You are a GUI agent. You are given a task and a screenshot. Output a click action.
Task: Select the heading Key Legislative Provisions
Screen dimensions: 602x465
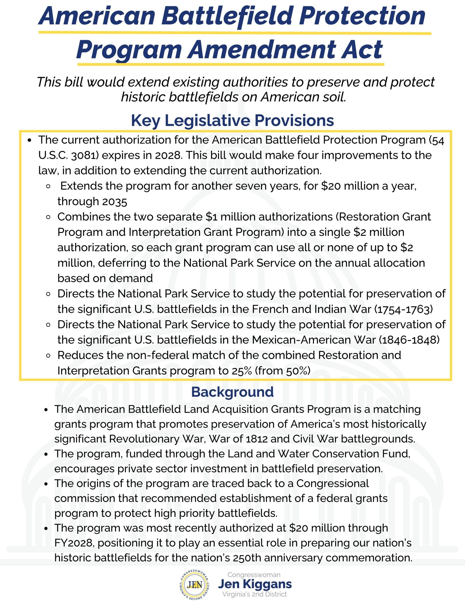coord(232,120)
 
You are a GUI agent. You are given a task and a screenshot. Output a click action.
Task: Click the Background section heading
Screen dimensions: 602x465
coord(232,392)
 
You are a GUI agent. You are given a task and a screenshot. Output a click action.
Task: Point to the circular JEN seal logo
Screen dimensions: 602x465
coord(195,584)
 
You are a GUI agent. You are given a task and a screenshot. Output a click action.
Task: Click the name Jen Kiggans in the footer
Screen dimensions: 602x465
coord(255,584)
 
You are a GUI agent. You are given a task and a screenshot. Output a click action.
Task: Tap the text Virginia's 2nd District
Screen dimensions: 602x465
coord(254,594)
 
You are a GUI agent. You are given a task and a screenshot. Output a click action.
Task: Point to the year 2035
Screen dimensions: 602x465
coord(114,202)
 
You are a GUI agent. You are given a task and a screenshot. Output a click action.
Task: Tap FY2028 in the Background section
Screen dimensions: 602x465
coord(75,543)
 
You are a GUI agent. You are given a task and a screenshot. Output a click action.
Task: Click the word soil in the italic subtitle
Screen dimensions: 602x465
coord(332,97)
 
